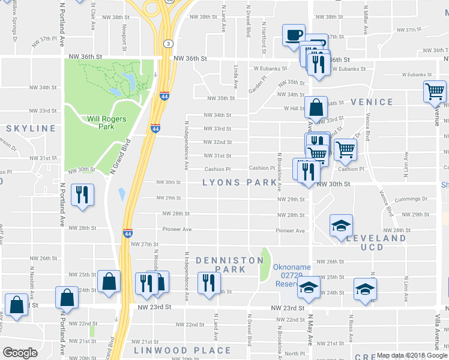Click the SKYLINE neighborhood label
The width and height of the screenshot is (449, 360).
click(x=31, y=128)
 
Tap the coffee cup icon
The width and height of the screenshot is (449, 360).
click(x=294, y=35)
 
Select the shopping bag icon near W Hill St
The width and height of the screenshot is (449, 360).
click(x=316, y=109)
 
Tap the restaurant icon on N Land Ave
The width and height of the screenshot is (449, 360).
click(x=208, y=283)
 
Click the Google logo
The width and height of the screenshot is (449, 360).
click(x=20, y=353)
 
